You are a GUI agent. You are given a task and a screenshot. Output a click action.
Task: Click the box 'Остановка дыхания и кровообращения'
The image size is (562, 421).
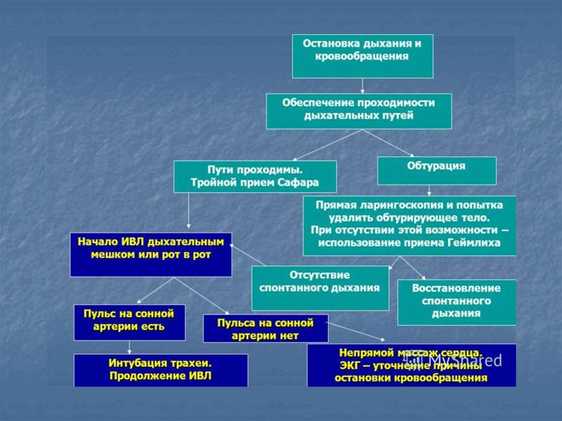(362, 56)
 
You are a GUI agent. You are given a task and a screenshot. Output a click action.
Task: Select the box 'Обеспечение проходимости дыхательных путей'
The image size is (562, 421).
(359, 111)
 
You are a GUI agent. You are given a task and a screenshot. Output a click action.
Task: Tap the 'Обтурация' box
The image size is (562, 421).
(436, 171)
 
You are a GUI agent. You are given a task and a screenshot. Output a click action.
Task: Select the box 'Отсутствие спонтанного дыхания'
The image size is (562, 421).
(320, 288)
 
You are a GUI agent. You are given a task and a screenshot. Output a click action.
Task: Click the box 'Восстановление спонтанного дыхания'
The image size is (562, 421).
(457, 302)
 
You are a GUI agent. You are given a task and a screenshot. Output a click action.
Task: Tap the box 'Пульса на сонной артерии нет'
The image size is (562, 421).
(266, 328)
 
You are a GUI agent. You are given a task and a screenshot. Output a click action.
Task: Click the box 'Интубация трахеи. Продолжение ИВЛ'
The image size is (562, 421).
(161, 369)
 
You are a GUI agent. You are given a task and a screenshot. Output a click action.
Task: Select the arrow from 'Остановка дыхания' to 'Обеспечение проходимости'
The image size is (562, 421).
(363, 86)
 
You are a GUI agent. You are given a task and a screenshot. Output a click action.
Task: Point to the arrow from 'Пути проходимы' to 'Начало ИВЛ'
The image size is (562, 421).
(188, 212)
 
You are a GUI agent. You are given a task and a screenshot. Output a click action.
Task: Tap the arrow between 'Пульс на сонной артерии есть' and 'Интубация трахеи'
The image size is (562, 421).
(130, 347)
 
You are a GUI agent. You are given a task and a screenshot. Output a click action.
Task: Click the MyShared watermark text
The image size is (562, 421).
(466, 361)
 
